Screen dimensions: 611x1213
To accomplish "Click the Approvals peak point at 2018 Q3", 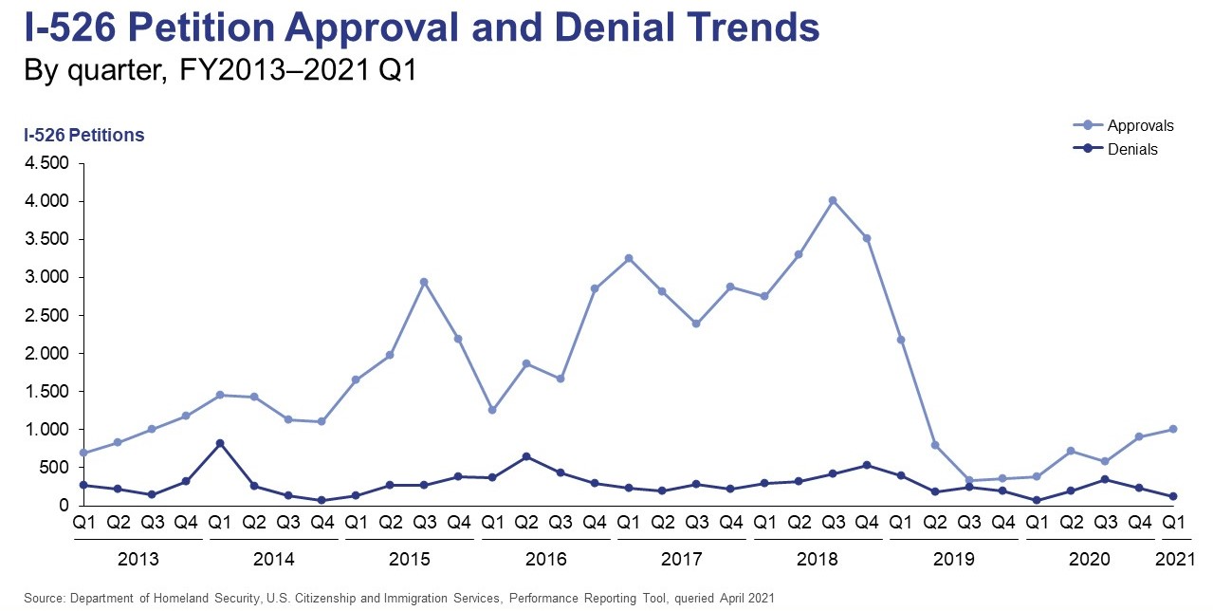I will (x=833, y=200).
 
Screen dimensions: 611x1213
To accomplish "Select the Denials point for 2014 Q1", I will (x=219, y=443).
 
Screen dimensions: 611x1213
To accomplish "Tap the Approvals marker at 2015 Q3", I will (x=424, y=282).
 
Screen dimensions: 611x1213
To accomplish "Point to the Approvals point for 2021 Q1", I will (x=1173, y=429).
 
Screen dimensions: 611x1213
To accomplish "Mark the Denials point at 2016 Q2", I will (x=525, y=456).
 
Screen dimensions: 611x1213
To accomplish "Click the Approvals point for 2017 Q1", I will (x=628, y=258).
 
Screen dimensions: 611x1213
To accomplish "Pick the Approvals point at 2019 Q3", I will (x=969, y=480).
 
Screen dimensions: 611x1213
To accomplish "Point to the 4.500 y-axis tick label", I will (x=46, y=164).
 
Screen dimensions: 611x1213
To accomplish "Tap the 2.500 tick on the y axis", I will (x=46, y=316).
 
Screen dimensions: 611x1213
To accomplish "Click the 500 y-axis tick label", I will (x=54, y=468).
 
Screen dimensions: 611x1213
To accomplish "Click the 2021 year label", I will (x=1174, y=559).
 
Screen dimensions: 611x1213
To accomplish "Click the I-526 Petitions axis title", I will (x=84, y=136).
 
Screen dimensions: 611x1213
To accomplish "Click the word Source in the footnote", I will (x=44, y=599).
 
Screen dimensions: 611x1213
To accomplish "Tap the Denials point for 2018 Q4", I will (x=867, y=465).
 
